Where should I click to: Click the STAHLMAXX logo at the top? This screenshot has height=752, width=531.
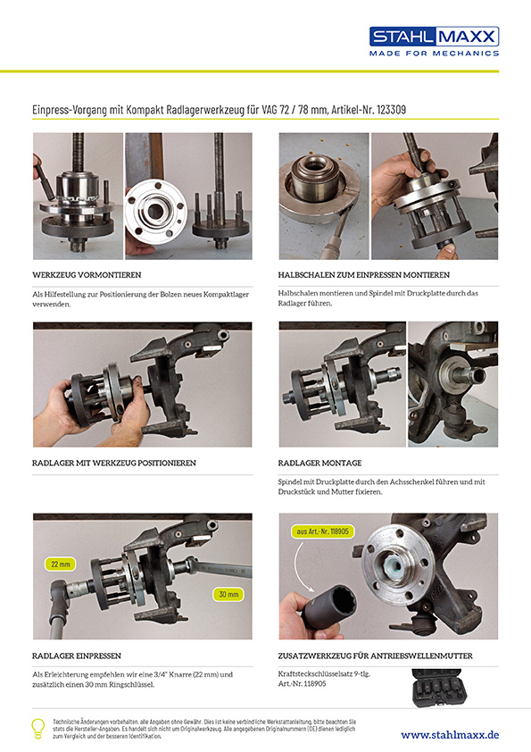(x=435, y=37)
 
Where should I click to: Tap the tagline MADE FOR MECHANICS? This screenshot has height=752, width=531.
(x=435, y=54)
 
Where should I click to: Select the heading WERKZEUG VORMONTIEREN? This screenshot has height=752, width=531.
(x=86, y=275)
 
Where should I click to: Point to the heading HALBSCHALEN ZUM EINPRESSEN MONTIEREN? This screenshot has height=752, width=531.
(x=364, y=275)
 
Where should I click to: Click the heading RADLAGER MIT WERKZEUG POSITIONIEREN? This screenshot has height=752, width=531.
(x=114, y=463)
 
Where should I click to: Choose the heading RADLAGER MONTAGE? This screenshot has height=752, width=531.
(x=319, y=463)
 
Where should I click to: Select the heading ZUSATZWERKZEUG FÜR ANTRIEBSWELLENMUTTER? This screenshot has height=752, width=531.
(x=376, y=656)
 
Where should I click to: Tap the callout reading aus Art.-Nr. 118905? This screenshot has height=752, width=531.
(x=323, y=531)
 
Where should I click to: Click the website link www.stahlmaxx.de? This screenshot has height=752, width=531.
(x=450, y=734)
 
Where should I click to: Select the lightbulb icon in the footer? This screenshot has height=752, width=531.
(x=38, y=727)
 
